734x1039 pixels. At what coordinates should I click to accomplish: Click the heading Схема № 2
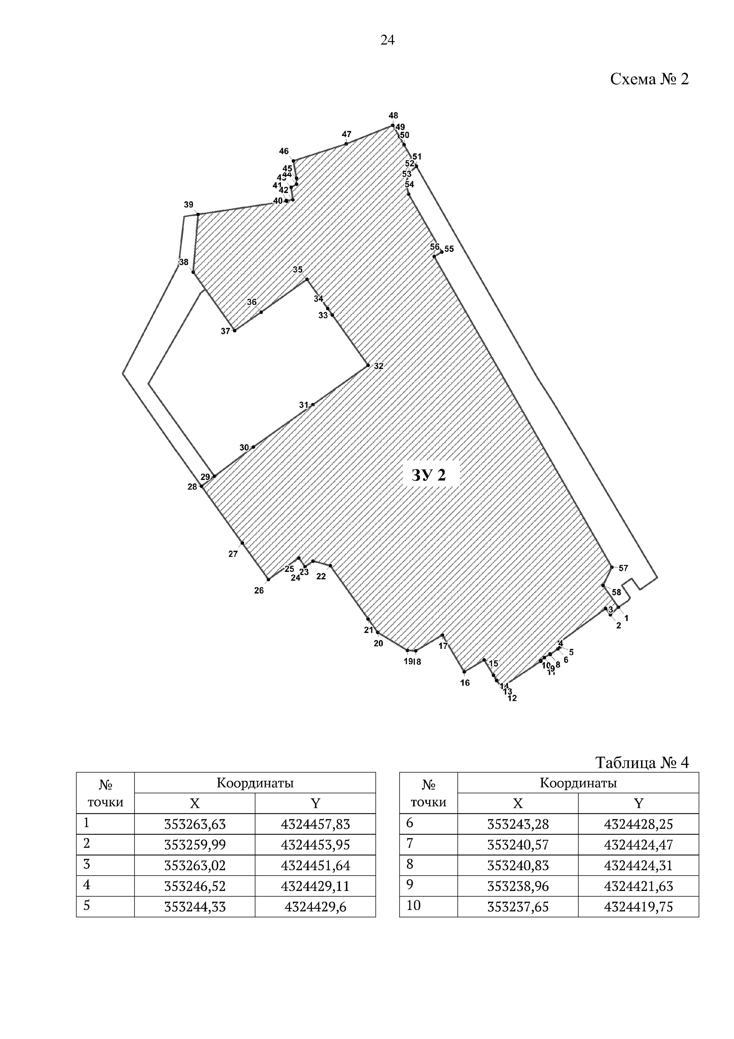[649, 80]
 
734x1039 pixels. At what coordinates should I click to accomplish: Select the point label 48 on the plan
[393, 116]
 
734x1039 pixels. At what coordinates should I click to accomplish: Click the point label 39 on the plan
[188, 205]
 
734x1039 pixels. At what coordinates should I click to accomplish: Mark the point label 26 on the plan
[259, 590]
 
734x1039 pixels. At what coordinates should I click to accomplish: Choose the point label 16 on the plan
[465, 683]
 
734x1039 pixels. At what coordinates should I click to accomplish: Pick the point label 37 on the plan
[225, 331]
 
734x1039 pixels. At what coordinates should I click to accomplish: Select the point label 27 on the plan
[233, 554]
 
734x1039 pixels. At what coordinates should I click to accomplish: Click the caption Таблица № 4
[642, 763]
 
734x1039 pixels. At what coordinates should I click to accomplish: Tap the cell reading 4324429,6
[315, 907]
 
